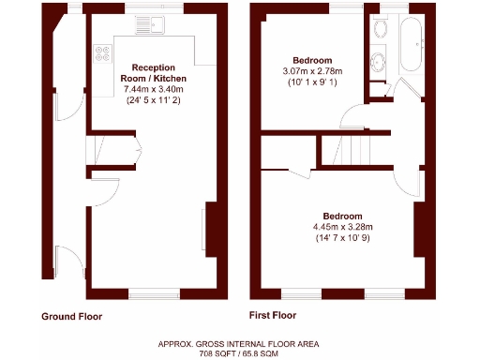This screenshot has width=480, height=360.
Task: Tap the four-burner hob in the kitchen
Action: pos(98,54)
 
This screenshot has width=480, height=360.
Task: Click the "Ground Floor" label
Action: pos(71,317)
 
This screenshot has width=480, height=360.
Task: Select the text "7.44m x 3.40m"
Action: pos(157,89)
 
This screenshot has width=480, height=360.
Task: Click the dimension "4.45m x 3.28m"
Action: pos(342,226)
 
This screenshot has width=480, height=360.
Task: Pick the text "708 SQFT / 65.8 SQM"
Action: pos(238,355)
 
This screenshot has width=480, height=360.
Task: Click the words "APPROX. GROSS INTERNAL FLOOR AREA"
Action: pos(238,345)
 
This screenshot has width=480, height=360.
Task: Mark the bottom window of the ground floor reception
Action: pos(155,293)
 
